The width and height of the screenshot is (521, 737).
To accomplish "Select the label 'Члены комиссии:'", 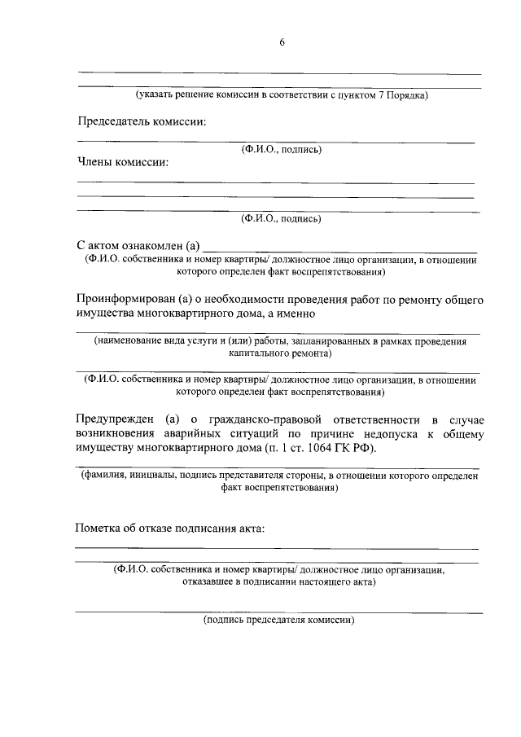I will coord(122,162).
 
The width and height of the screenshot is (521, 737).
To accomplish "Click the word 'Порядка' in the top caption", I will coord(407,95).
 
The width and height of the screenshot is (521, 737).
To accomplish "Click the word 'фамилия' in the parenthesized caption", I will coord(103,476).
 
